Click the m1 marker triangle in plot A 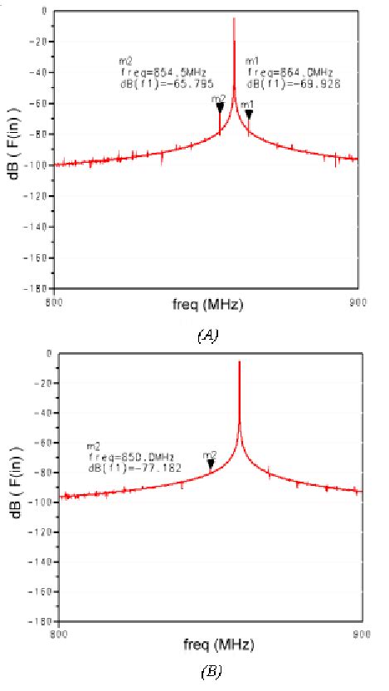[x=249, y=114]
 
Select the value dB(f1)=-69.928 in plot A [x=283, y=85]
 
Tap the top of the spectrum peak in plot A [x=234, y=19]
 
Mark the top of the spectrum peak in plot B [x=239, y=362]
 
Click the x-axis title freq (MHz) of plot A [x=207, y=306]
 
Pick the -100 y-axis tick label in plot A [x=37, y=164]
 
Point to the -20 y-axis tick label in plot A [x=39, y=42]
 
